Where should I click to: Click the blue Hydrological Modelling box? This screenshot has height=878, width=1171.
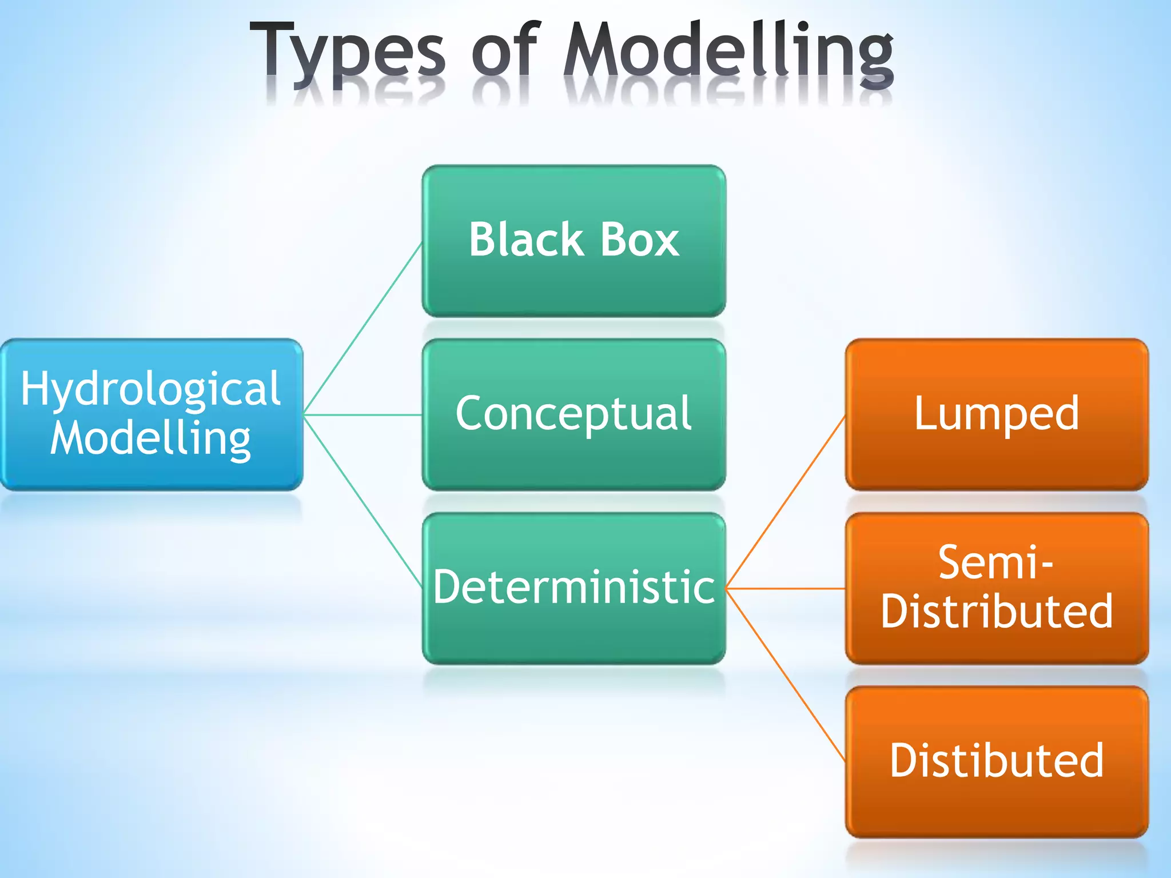[151, 414]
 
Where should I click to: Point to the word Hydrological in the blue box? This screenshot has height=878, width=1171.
[151, 389]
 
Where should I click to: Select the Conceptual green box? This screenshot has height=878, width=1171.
[573, 414]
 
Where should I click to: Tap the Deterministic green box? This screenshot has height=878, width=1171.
[573, 588]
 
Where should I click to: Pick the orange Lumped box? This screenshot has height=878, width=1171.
[997, 414]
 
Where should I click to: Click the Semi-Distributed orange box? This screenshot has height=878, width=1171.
[997, 588]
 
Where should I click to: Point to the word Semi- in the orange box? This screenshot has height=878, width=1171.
[995, 563]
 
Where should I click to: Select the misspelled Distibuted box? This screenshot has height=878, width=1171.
[997, 761]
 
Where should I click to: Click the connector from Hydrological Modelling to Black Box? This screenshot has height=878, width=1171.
[363, 328]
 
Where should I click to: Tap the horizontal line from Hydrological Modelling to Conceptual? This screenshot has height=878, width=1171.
[363, 414]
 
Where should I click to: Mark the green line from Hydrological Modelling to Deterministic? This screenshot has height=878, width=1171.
[363, 501]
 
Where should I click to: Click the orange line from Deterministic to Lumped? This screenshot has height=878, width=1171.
[786, 501]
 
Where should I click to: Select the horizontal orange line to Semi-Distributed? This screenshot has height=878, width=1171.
[786, 588]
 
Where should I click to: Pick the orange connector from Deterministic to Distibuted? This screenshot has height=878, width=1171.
[786, 675]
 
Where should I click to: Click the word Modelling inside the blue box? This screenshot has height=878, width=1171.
[151, 439]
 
